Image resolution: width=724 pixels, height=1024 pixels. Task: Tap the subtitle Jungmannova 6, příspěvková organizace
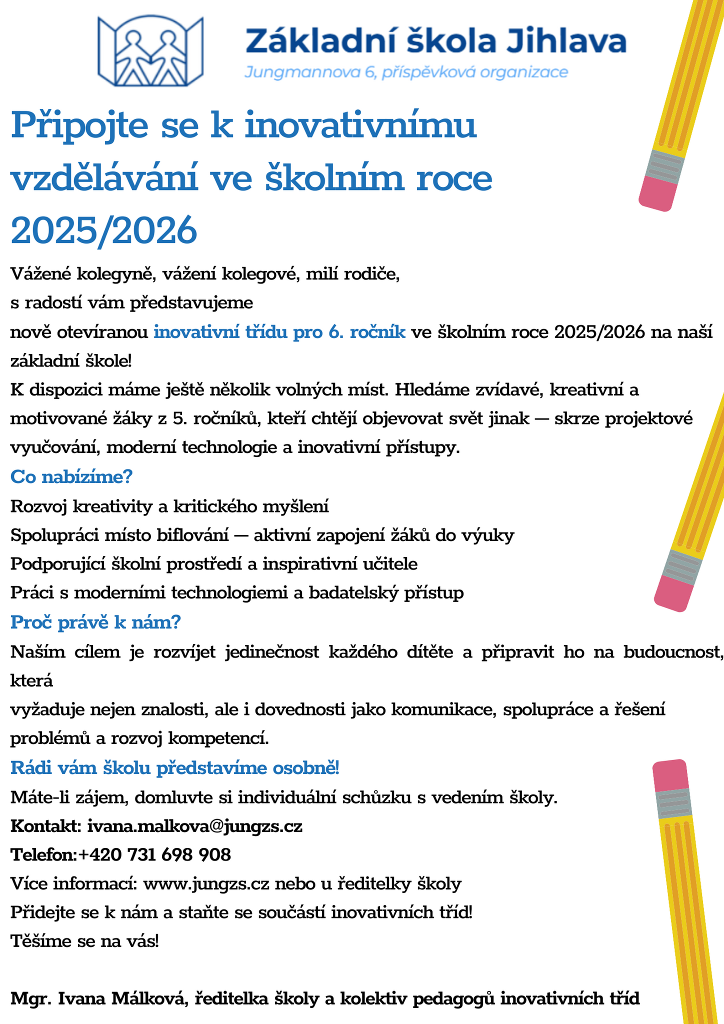pos(406,73)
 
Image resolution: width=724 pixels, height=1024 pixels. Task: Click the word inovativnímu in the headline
pos(360,125)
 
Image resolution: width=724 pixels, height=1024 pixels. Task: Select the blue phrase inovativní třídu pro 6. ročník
pos(279,332)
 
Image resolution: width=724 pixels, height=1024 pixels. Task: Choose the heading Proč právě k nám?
pos(95,622)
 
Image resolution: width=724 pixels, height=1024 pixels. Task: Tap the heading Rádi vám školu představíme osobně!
pos(175,767)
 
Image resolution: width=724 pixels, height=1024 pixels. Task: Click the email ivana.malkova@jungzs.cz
pos(195,826)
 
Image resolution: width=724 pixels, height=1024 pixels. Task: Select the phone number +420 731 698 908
pos(155,855)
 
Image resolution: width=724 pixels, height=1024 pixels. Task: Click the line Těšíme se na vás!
pos(85,941)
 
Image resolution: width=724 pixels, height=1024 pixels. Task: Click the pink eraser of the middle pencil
pos(674,593)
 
